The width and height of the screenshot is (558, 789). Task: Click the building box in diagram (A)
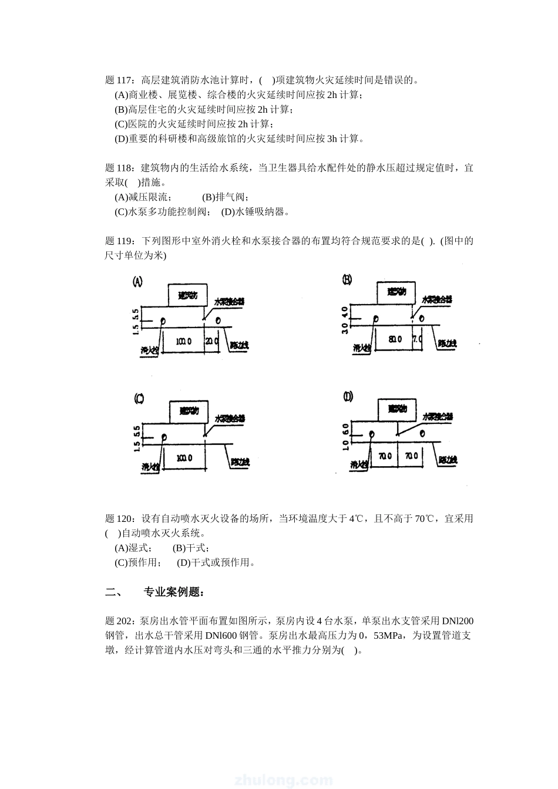coord(188,296)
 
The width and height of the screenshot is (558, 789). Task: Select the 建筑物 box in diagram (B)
coord(396,291)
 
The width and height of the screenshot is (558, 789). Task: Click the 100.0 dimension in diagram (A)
coord(183,340)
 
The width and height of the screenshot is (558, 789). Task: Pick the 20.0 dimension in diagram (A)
coord(211,340)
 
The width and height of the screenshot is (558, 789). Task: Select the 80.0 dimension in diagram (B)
coord(394,339)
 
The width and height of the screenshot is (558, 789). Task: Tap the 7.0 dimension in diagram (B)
coord(417,339)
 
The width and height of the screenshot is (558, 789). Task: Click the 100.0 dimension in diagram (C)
coord(184,457)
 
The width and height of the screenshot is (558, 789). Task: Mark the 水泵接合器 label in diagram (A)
coord(229,301)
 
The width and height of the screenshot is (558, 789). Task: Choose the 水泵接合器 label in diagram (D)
coord(438,416)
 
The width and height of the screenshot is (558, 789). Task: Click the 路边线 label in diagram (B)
coord(447,344)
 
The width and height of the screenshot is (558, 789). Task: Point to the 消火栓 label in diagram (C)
coord(150,467)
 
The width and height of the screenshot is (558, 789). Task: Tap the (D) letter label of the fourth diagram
coord(348,397)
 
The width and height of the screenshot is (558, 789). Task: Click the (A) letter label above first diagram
coord(137,281)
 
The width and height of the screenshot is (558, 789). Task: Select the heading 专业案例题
coord(174,592)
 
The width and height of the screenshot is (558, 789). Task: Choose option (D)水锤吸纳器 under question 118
coord(256,211)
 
